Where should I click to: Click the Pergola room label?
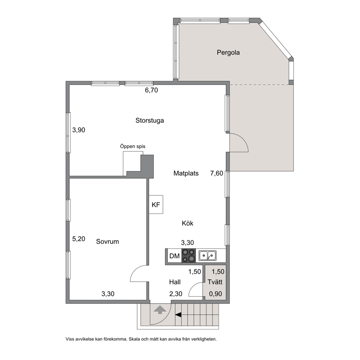(x=228, y=53)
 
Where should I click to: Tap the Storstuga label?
(x=150, y=120)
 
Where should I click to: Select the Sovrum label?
(x=107, y=242)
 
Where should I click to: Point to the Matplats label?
(x=186, y=173)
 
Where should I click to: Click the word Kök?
(x=188, y=223)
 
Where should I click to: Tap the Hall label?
(x=175, y=282)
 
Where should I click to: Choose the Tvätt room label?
(x=215, y=282)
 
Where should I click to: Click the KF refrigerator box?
(x=156, y=205)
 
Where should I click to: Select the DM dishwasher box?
(x=175, y=256)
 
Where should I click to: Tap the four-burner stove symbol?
(x=188, y=256)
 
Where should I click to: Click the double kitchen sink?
(x=208, y=256)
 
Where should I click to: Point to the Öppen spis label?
(x=133, y=147)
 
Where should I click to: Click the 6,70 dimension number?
(x=151, y=90)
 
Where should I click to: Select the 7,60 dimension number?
(x=217, y=173)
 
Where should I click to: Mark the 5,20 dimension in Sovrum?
(x=79, y=239)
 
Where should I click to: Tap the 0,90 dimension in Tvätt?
(x=215, y=294)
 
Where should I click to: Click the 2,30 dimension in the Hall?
(x=176, y=294)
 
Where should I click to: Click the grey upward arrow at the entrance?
(x=160, y=310)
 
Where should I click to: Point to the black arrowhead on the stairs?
(x=178, y=315)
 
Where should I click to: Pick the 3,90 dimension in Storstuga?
(x=79, y=130)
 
